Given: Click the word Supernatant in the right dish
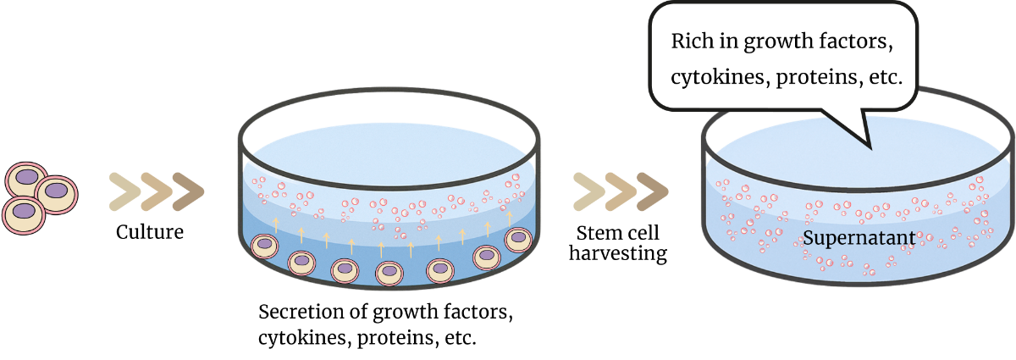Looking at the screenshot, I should tap(859, 238).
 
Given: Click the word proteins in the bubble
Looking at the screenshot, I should tap(810, 77).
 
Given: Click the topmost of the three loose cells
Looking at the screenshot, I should tap(27, 180).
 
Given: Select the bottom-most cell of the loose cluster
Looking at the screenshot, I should tap(24, 213).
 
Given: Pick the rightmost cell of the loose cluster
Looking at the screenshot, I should tap(56, 194).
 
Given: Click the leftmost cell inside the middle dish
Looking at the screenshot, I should tap(265, 246).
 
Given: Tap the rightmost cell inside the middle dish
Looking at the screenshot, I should tap(517, 240).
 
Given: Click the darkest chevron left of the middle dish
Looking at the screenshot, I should tap(188, 192).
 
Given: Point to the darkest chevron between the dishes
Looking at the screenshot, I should tap(652, 191).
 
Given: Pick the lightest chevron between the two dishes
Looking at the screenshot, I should tap(588, 191).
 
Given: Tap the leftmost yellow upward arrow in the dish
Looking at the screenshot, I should tap(275, 224).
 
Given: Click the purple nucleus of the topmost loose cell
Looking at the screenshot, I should tap(28, 178).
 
